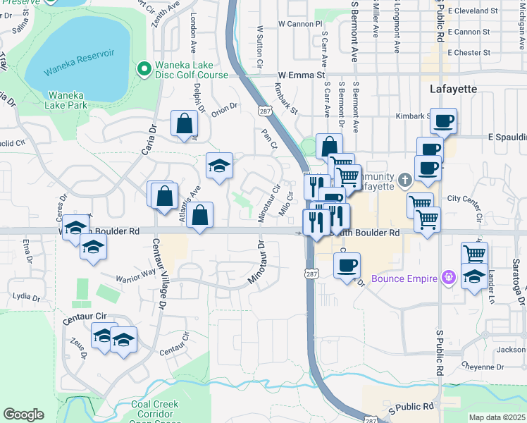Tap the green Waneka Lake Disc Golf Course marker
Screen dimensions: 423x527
144,68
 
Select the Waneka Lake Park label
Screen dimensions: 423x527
68,100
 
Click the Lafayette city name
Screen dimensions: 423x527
453,90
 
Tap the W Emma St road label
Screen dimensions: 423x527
301,75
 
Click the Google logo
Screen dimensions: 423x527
23,415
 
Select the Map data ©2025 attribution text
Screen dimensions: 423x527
496,417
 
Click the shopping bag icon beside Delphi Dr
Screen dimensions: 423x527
184,124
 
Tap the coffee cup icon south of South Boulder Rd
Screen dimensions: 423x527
346,266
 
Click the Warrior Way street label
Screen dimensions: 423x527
135,274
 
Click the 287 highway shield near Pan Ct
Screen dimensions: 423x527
264,111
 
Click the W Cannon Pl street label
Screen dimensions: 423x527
299,24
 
